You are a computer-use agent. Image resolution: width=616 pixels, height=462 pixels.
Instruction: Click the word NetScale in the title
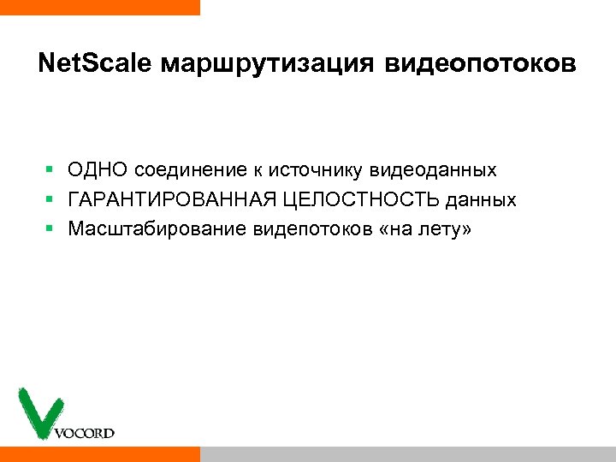[x=95, y=64]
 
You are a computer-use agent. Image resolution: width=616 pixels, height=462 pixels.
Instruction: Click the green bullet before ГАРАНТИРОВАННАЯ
[x=50, y=200]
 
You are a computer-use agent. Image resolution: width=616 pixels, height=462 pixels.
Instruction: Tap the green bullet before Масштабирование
[x=50, y=229]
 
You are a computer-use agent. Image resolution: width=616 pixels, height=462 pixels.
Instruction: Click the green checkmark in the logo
[x=37, y=412]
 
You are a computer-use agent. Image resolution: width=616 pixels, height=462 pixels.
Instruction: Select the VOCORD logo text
[x=84, y=433]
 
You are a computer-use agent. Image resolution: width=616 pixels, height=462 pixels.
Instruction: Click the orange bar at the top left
[x=99, y=7]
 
